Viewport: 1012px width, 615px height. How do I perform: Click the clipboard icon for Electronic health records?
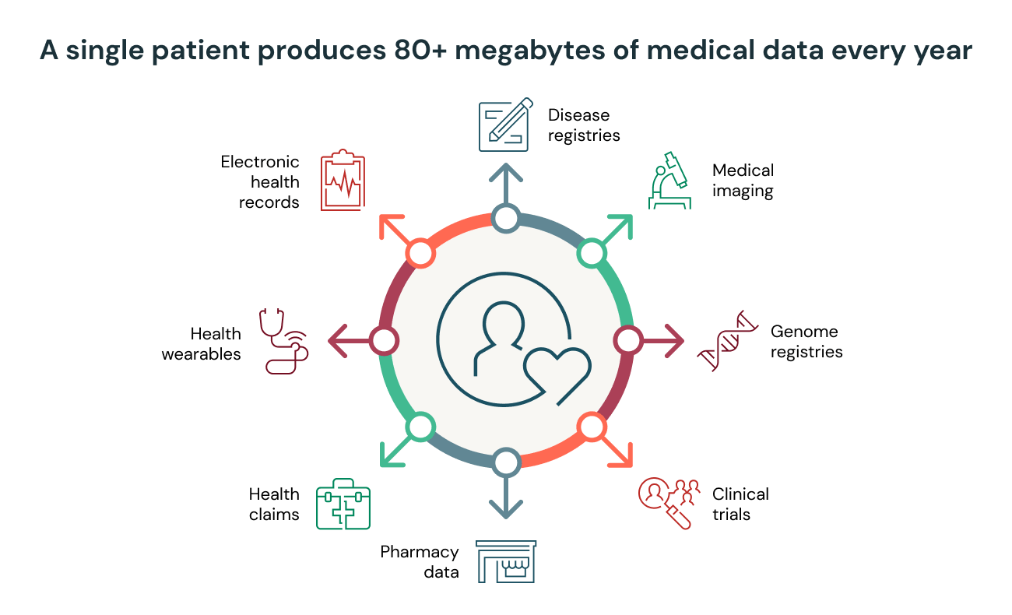coord(343,181)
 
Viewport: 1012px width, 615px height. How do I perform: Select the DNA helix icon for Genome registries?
coord(728,341)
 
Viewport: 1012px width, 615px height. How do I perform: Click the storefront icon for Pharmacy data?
coord(506,561)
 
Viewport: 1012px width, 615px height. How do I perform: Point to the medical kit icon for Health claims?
coord(343,507)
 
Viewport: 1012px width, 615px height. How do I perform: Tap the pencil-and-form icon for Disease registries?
coord(504,125)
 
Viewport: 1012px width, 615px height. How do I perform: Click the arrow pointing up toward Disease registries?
coord(506,184)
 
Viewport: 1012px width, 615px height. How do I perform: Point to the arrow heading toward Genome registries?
coord(666,340)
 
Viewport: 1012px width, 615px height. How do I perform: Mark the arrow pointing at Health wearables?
coord(346,340)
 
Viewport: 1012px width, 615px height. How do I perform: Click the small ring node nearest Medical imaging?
coord(592,253)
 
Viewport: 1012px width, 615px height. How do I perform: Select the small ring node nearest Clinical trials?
coord(592,427)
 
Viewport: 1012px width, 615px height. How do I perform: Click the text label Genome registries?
coord(806,342)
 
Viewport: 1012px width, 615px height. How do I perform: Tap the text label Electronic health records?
coord(260,182)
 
